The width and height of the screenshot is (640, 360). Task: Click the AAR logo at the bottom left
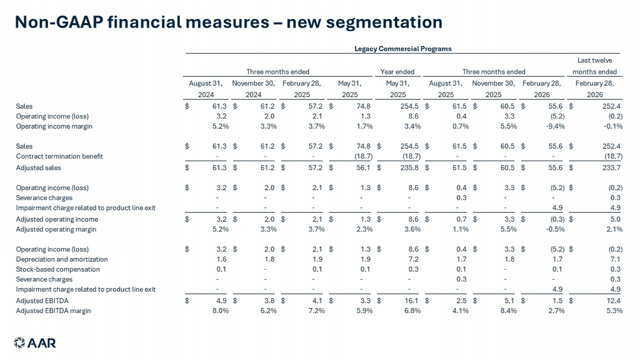tap(35, 343)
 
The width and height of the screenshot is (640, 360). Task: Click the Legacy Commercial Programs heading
tap(403, 49)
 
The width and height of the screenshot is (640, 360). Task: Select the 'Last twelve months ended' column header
tap(595, 66)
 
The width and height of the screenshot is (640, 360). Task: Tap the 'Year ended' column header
tap(397, 72)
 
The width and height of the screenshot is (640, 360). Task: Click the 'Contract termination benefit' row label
tap(59, 156)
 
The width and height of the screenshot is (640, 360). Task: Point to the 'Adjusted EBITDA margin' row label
tap(53, 311)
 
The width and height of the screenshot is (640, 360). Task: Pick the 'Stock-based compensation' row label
tap(58, 269)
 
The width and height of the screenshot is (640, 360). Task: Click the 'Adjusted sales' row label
tap(38, 168)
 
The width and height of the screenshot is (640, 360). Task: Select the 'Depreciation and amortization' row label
tap(62, 259)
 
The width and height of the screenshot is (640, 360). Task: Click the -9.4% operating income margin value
tap(555, 126)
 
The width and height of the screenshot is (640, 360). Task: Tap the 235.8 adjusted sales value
tap(409, 168)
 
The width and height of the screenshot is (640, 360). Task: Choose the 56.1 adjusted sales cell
tap(363, 168)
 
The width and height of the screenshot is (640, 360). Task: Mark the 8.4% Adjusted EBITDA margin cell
tap(508, 311)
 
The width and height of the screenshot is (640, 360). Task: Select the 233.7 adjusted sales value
tap(611, 168)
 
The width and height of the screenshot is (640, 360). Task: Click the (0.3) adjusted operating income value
tap(557, 219)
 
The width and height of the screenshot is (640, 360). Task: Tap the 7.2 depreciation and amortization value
tap(413, 259)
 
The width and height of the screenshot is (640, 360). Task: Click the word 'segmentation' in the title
tap(384, 23)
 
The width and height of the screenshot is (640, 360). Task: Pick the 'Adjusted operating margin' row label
tap(56, 229)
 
